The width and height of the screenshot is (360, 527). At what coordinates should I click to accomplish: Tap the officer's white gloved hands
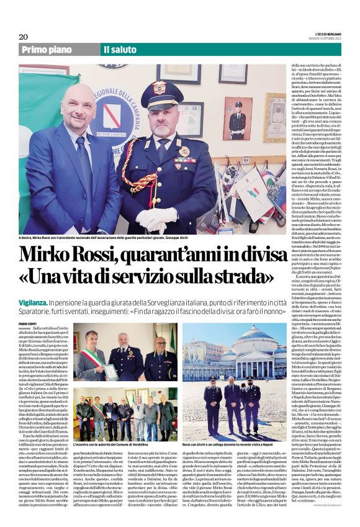[156, 219]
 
